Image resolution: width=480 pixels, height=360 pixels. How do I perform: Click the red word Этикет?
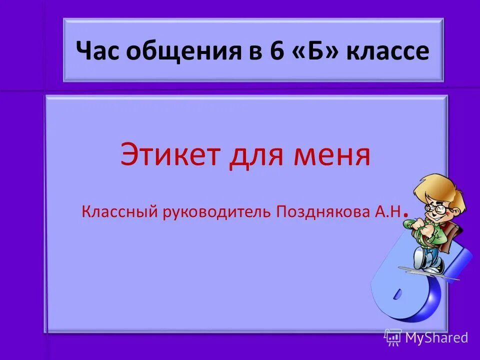(169, 154)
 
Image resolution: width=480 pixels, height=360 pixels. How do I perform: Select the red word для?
(256, 155)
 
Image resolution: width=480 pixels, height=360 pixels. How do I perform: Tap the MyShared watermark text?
(436, 338)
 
